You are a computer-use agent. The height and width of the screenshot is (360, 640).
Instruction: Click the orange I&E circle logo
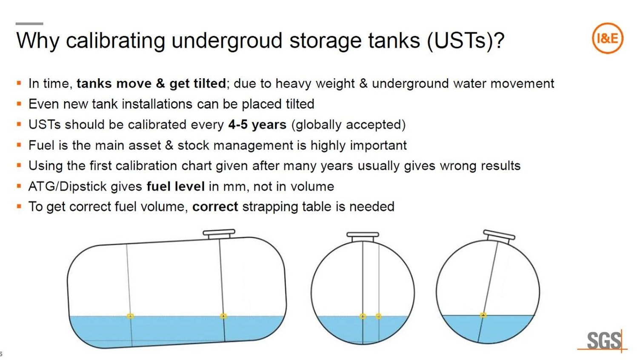coord(607,38)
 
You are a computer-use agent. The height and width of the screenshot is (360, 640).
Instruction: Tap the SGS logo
coord(603,340)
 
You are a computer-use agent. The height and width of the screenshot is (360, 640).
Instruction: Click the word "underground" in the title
coord(227,41)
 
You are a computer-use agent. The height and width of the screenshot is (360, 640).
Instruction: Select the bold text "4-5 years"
coord(257,125)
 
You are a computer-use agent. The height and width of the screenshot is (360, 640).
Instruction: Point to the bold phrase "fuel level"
coord(176,186)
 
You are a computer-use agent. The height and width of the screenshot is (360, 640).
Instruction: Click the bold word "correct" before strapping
coord(215,207)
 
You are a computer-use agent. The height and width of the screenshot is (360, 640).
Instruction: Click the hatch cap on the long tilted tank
coord(219,234)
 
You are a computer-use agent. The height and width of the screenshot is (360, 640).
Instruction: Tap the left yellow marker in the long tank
coord(130,316)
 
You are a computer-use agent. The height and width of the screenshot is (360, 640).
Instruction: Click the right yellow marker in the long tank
coord(223,316)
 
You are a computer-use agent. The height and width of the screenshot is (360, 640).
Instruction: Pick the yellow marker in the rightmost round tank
coord(483,315)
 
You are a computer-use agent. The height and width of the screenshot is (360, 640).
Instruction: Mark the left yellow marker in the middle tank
coord(363,316)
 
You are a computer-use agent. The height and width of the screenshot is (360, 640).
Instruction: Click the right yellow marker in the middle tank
coord(378,316)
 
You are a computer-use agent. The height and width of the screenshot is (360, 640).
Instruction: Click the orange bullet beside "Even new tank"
coord(19,104)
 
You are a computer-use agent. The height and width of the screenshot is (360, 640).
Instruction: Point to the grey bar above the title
coord(29,24)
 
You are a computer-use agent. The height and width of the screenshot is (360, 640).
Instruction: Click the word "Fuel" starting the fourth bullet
coord(41,146)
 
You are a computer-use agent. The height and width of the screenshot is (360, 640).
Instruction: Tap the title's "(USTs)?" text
coord(466,41)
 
